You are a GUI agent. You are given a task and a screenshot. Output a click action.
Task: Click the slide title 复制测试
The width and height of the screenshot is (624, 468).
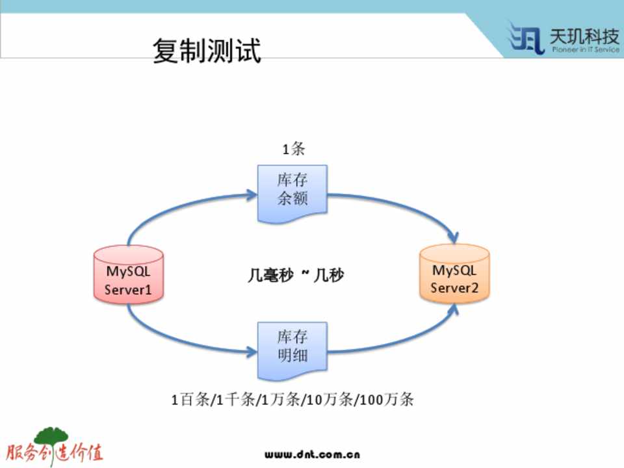[x=207, y=51]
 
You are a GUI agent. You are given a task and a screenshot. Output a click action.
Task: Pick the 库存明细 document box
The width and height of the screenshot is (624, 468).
[x=292, y=349]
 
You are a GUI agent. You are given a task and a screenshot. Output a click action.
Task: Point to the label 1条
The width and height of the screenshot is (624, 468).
[x=292, y=149]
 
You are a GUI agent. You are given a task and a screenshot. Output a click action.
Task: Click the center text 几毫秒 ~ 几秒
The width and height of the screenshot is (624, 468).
[x=296, y=276]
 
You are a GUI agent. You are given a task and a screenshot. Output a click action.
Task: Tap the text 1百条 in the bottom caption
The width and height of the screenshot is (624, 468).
[x=191, y=399]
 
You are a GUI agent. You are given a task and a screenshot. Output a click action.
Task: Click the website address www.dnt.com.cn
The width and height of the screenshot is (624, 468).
[x=312, y=454]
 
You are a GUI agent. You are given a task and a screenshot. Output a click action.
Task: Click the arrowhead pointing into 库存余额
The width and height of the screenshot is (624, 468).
[x=252, y=193]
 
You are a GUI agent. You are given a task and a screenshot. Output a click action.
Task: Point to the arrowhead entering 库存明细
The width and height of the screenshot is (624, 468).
[x=252, y=354]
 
